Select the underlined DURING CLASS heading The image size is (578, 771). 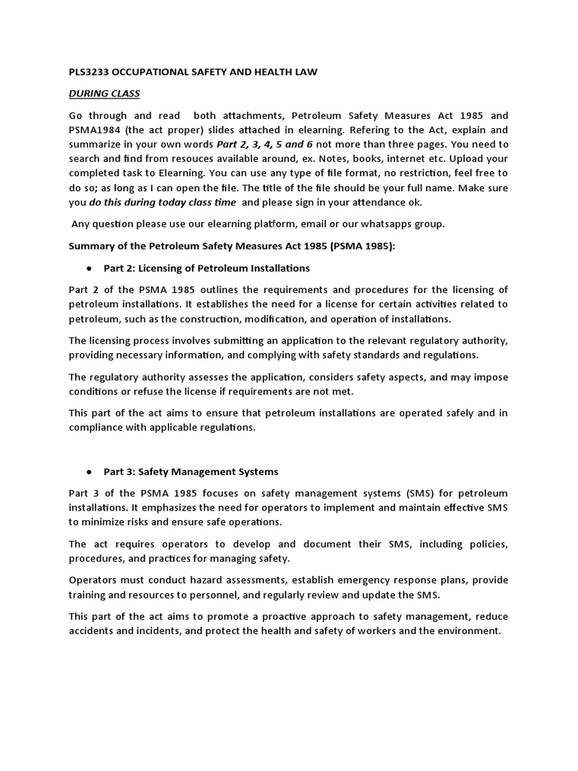(x=104, y=93)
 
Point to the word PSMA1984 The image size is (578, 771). (x=95, y=130)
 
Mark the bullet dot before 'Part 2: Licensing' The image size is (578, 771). (x=90, y=268)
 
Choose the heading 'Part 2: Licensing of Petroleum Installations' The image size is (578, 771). (x=207, y=268)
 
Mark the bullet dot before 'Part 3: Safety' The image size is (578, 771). (x=90, y=472)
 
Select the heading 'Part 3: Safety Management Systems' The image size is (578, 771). (x=191, y=472)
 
